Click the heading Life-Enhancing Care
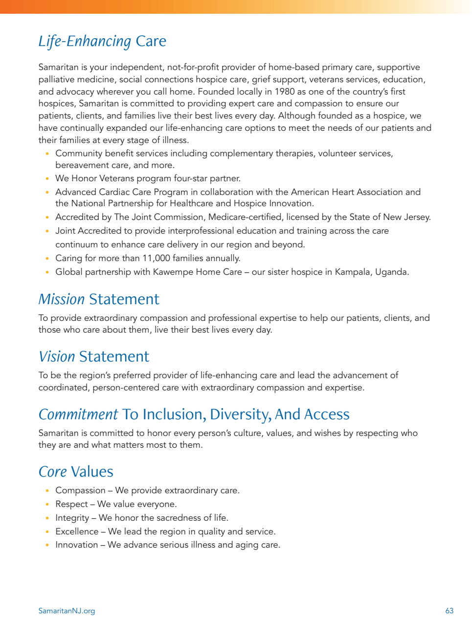(102, 41)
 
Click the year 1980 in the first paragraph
(285, 92)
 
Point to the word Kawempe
(173, 272)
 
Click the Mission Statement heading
(99, 299)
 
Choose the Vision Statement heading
(94, 357)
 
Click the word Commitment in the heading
(78, 414)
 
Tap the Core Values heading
(76, 472)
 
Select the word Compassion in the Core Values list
(80, 490)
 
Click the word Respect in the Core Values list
(71, 504)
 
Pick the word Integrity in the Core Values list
(72, 518)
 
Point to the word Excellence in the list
(77, 531)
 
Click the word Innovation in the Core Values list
(76, 545)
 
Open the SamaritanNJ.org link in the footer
(67, 611)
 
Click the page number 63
(450, 611)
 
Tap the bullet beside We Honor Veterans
(47, 179)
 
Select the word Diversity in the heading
(240, 414)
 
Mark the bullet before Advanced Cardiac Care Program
(47, 193)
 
